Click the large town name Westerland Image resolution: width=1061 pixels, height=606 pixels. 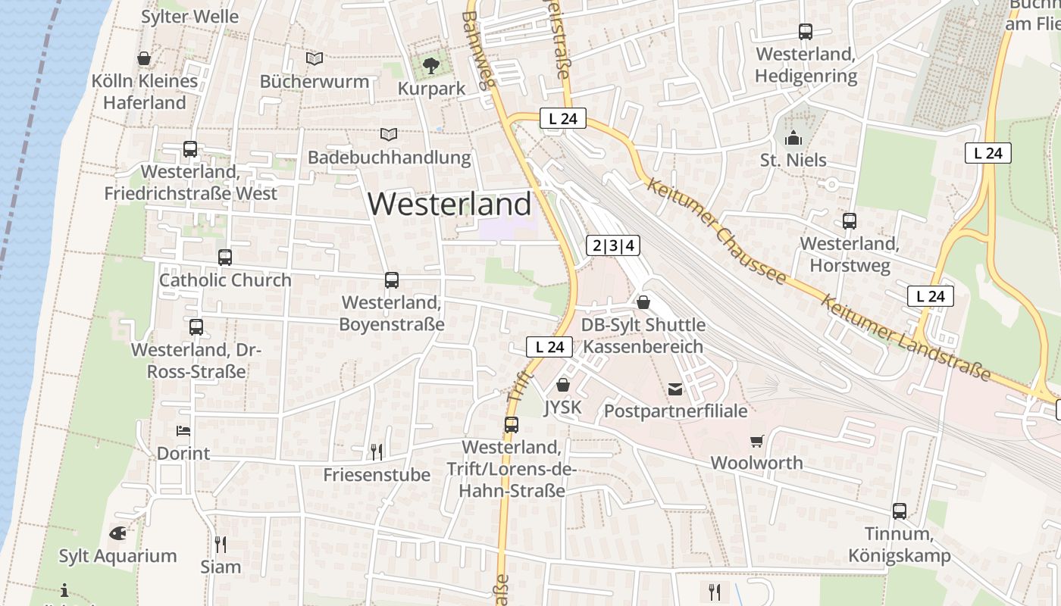(449, 204)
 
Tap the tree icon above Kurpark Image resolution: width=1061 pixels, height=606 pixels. (431, 66)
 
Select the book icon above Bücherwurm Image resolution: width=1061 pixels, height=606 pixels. (314, 58)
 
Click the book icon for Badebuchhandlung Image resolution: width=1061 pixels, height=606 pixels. (389, 134)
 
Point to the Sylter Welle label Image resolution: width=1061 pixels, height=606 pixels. (189, 17)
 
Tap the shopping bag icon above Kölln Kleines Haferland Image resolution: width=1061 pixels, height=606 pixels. (144, 58)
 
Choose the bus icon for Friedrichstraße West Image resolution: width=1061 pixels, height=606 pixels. (190, 149)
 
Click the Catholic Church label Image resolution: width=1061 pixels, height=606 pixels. (225, 280)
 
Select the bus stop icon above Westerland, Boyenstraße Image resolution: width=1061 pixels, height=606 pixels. (391, 280)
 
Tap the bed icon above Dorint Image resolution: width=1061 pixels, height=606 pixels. (183, 431)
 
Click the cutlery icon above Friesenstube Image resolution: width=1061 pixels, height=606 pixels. (376, 452)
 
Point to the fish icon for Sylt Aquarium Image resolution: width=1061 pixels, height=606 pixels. (117, 533)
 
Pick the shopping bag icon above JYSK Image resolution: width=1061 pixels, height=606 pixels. (562, 385)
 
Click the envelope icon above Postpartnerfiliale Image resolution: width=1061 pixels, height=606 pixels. (674, 389)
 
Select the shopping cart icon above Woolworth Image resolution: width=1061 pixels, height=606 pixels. (756, 441)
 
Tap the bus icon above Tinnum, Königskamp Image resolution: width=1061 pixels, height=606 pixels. (900, 511)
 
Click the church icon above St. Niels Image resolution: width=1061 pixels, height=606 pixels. (793, 138)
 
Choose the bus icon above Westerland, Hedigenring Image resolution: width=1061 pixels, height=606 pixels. (806, 32)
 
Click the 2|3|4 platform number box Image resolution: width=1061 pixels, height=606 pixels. (613, 245)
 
